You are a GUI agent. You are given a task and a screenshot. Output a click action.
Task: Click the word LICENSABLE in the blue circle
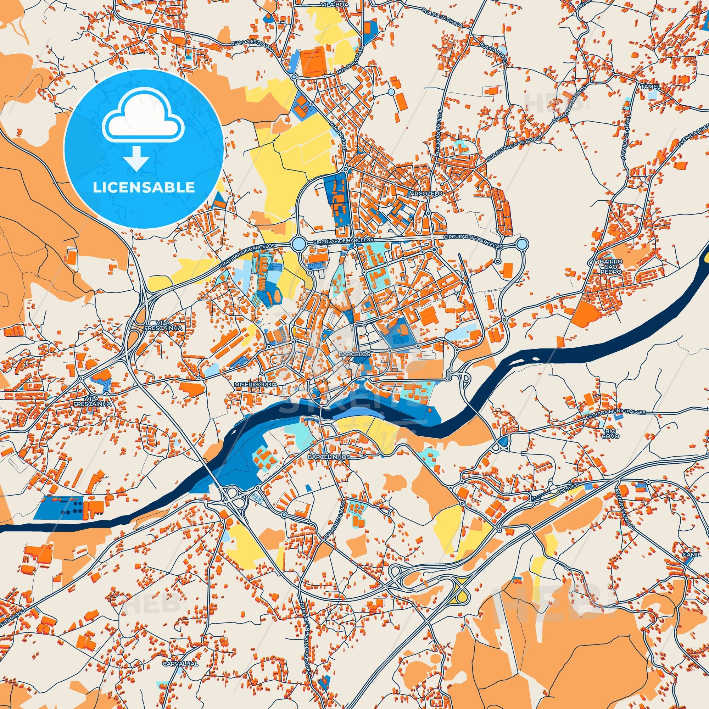pos(144,187)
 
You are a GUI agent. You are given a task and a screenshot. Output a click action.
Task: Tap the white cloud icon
pos(144,119)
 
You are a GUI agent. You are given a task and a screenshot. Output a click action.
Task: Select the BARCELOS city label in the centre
pos(350,355)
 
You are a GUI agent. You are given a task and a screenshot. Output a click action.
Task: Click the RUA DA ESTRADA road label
pos(251,46)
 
